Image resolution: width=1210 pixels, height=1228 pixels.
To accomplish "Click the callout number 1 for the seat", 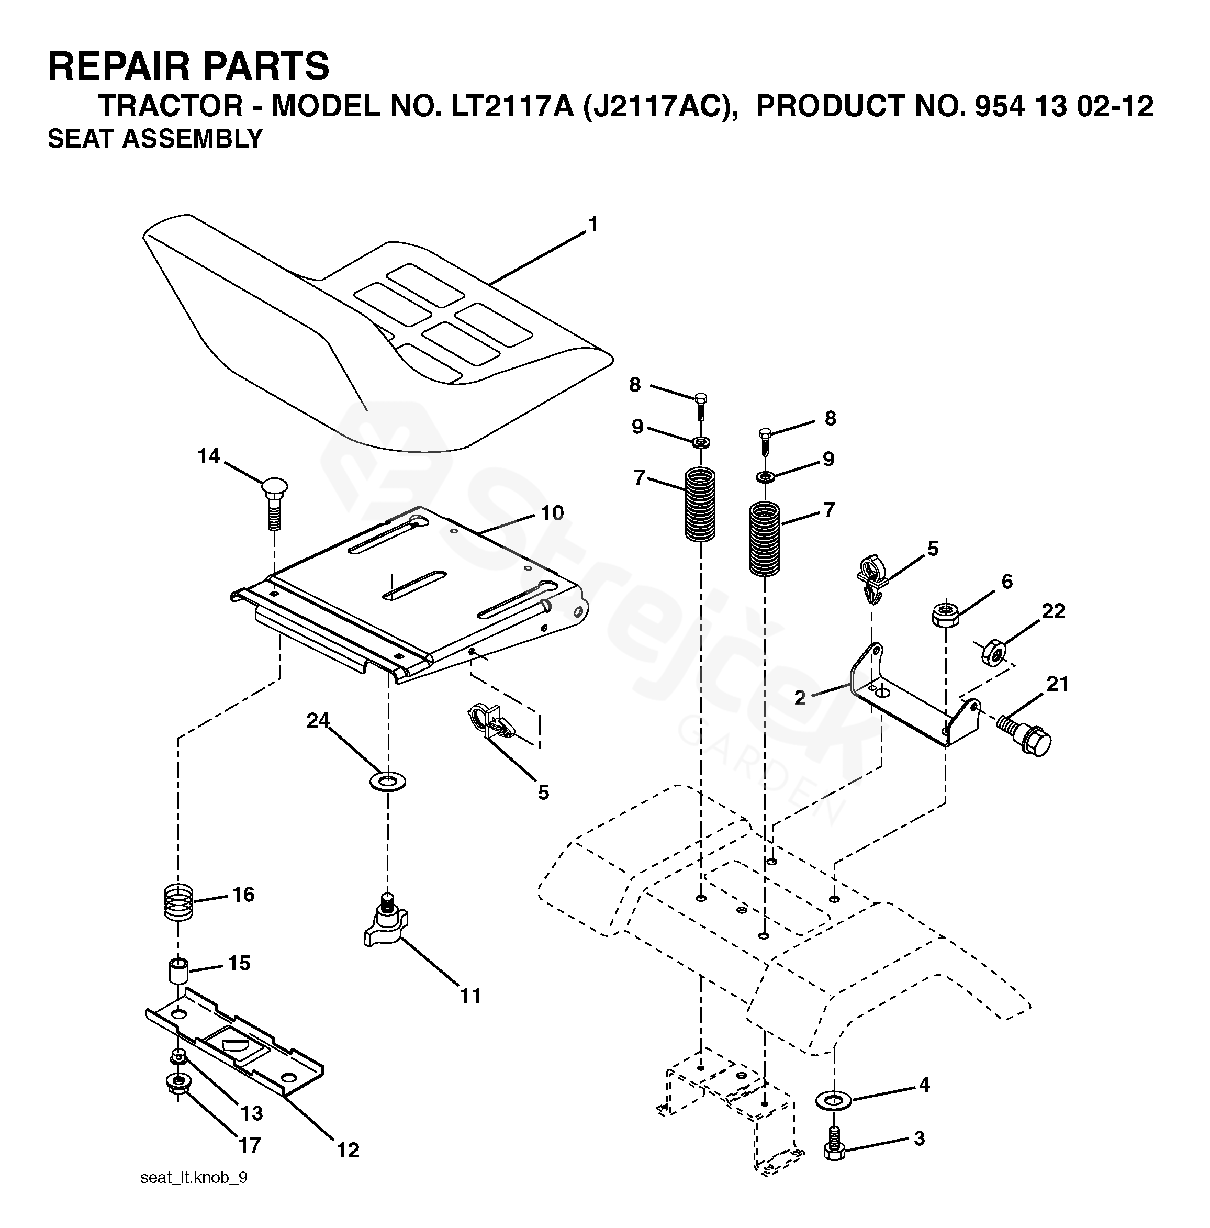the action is [593, 226].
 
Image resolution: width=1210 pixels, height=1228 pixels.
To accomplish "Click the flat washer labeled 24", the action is [387, 781].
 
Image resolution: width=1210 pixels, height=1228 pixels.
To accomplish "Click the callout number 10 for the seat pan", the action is [552, 513].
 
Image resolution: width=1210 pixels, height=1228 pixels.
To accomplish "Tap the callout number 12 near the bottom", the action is [348, 1150].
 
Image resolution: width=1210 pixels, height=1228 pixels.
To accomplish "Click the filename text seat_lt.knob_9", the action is [194, 1178].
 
